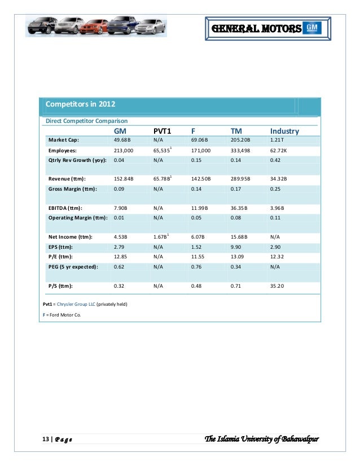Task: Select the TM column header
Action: point(236,131)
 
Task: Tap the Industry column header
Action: point(284,131)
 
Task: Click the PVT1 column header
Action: point(163,131)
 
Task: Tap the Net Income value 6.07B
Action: point(199,237)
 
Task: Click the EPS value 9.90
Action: point(236,247)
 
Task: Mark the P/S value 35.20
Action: point(278,285)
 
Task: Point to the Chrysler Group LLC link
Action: point(76,305)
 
